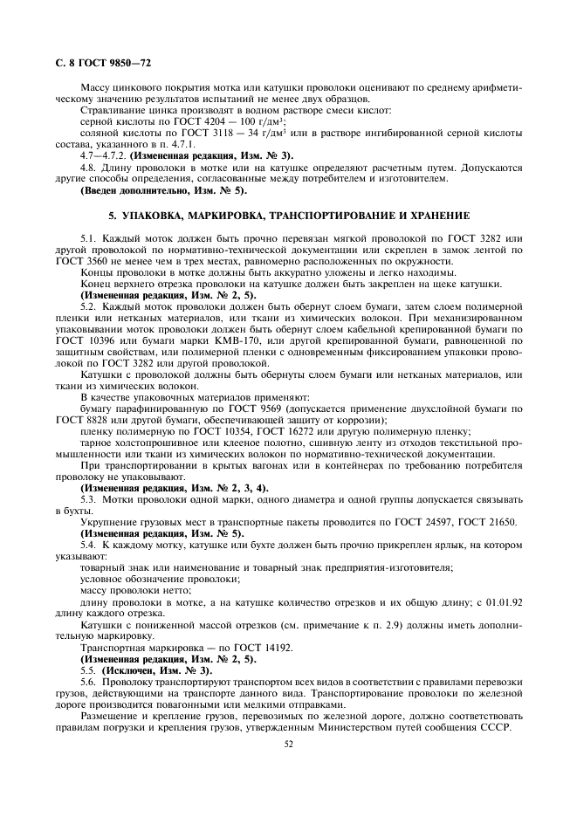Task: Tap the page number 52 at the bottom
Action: (x=288, y=744)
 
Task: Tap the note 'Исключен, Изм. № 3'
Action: (x=157, y=669)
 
